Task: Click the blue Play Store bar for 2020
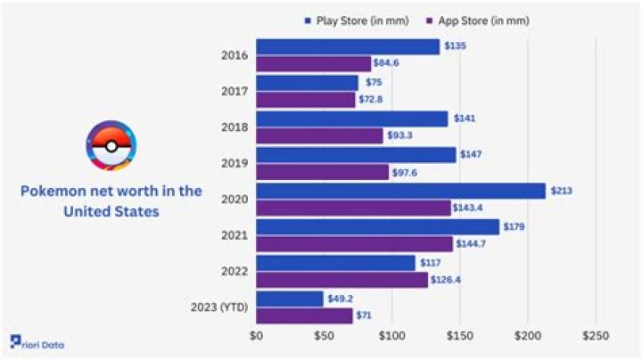point(400,191)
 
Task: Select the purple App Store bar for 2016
point(313,63)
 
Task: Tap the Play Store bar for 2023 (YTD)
point(289,299)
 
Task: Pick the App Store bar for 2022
point(342,280)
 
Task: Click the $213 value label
point(561,191)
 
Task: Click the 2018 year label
point(234,127)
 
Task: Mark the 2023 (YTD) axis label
point(219,307)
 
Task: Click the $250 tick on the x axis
point(595,337)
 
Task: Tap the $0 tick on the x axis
point(257,337)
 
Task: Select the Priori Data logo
point(38,344)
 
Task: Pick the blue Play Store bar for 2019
point(356,154)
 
